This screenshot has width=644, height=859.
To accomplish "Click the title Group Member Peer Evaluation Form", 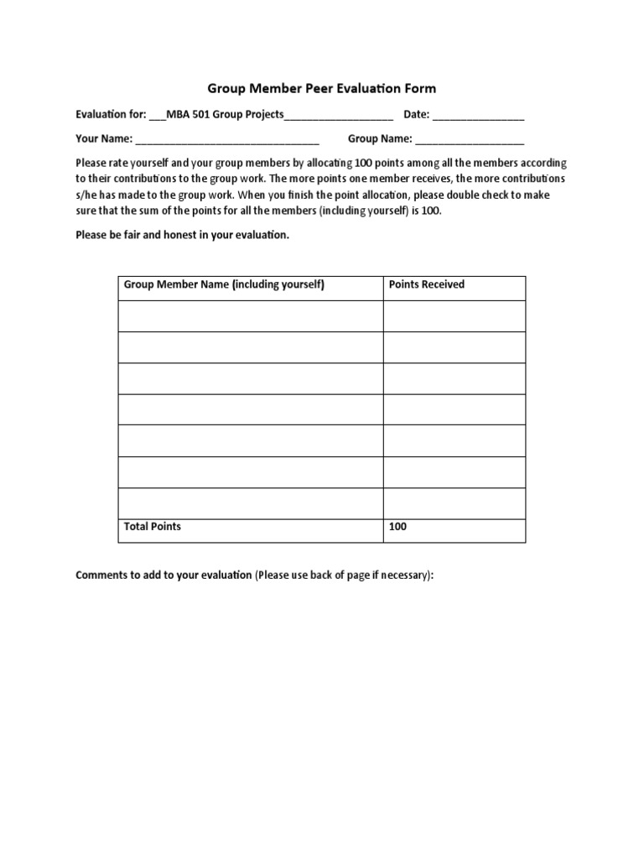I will coord(322,88).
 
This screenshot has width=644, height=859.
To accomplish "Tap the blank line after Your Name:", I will coord(226,140).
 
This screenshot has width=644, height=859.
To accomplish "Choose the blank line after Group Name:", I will coord(470,140).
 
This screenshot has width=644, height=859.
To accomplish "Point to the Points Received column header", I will coord(426,284).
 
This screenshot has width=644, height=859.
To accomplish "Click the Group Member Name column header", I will coord(224,284).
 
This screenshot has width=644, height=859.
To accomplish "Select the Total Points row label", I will coord(153,527).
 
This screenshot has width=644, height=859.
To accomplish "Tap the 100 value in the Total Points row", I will coord(397,527).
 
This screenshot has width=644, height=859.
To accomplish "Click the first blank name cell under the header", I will coord(251,316).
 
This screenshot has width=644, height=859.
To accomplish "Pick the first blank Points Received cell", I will coord(454,316).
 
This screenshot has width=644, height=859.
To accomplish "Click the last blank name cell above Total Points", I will coord(251,503).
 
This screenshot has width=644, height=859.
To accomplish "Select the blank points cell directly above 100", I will coord(454,503).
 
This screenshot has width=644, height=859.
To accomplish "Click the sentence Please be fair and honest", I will coord(182,235).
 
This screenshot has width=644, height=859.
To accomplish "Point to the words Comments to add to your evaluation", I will coord(164,575).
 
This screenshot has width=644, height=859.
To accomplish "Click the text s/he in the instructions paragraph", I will coord(86,195).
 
